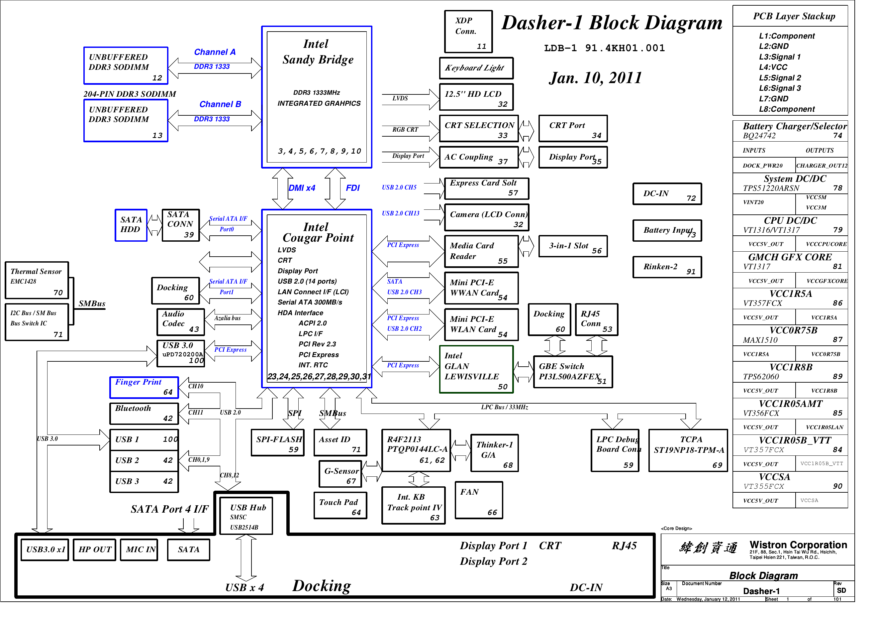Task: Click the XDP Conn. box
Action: pyautogui.click(x=468, y=32)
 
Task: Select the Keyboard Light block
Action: pyautogui.click(x=476, y=68)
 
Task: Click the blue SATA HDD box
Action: pyautogui.click(x=131, y=225)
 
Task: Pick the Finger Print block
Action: pyautogui.click(x=144, y=387)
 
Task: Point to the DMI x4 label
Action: pyautogui.click(x=302, y=188)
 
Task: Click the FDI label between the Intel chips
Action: pyautogui.click(x=352, y=188)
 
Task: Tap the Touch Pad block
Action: pyautogui.click(x=340, y=506)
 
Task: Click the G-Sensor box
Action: pyautogui.click(x=340, y=474)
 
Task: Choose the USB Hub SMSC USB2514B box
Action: pyautogui.click(x=246, y=516)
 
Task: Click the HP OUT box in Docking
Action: pyautogui.click(x=94, y=550)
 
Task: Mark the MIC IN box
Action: pyautogui.click(x=139, y=550)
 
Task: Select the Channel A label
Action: pyautogui.click(x=215, y=52)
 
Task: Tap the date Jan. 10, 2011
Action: pyautogui.click(x=595, y=78)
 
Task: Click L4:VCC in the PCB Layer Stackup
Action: pyautogui.click(x=773, y=67)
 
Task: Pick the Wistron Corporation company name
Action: pyautogui.click(x=798, y=545)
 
